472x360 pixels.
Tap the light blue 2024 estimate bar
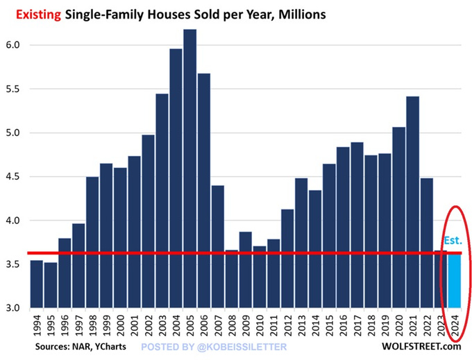click(x=455, y=281)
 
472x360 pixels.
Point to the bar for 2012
click(x=287, y=257)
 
